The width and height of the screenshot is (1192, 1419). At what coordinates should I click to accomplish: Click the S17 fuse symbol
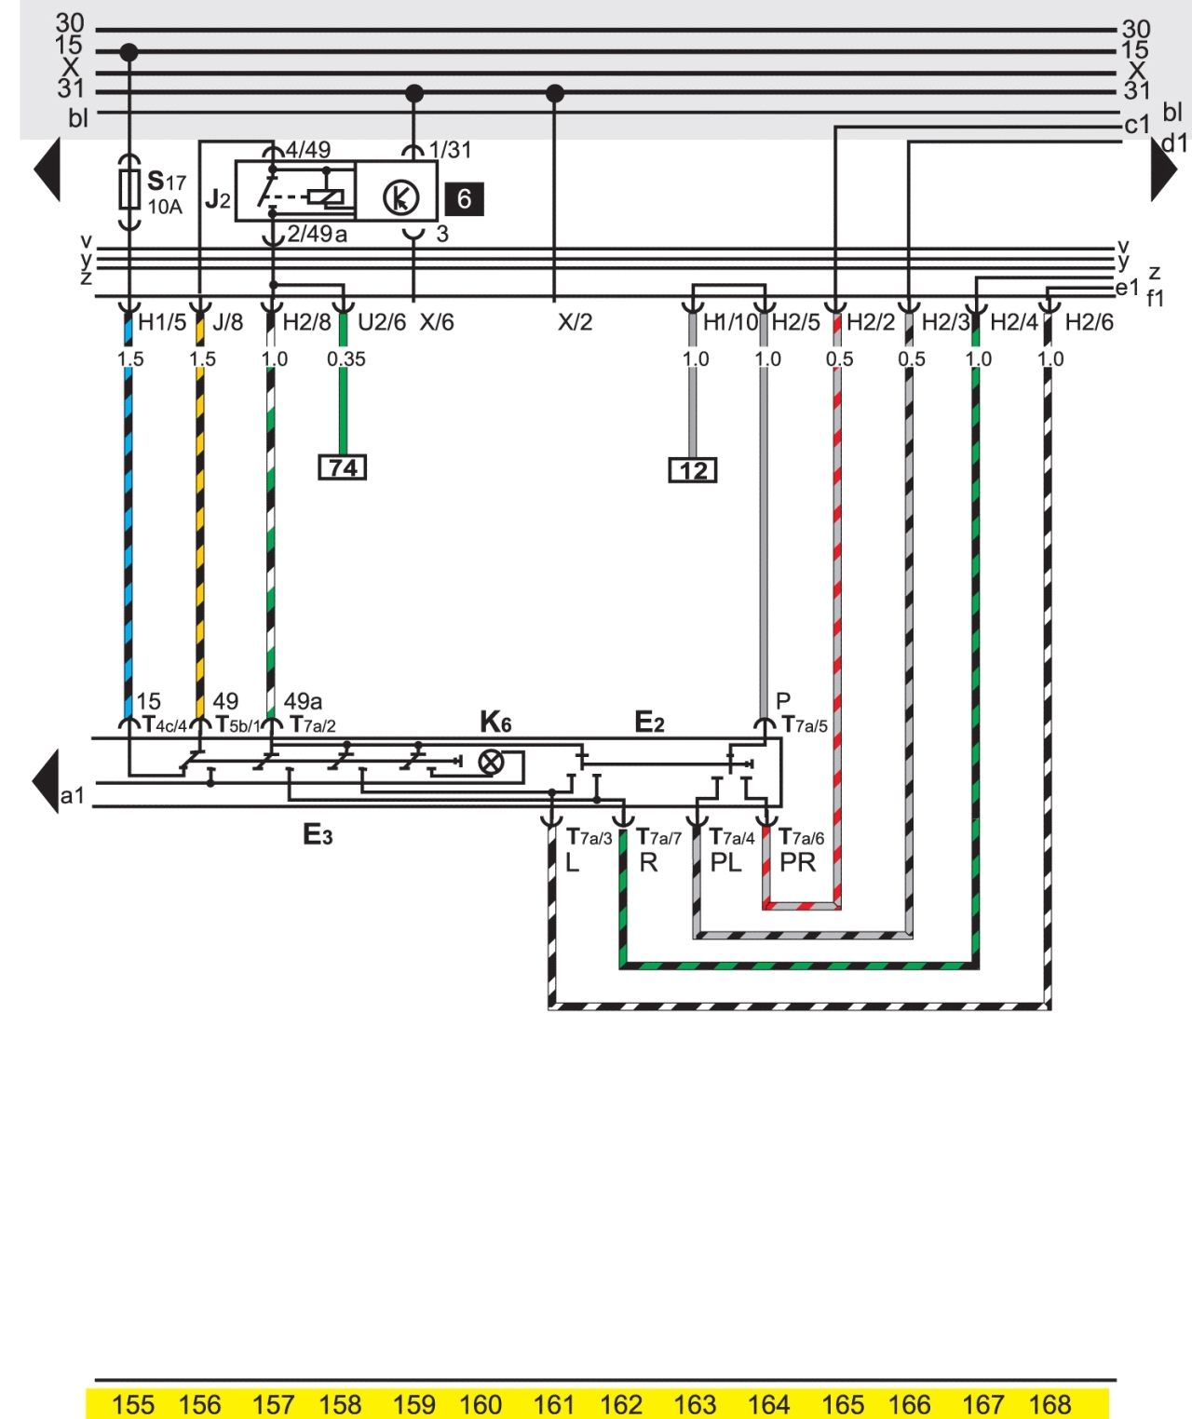pyautogui.click(x=129, y=190)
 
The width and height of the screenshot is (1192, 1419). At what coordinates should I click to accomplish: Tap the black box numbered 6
pyautogui.click(x=464, y=199)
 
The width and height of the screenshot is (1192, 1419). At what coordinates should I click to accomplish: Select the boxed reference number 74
pyautogui.click(x=343, y=467)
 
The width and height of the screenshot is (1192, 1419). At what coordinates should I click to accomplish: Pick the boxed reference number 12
pyautogui.click(x=693, y=470)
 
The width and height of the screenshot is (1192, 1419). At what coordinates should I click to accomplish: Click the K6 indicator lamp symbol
pyautogui.click(x=492, y=762)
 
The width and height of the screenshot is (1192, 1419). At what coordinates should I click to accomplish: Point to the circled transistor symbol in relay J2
pyautogui.click(x=401, y=197)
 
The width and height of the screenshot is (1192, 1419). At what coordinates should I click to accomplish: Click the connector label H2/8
pyautogui.click(x=306, y=322)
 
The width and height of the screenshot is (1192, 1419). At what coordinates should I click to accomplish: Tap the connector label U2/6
pyautogui.click(x=382, y=322)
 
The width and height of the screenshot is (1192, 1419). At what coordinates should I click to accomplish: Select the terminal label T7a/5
pyautogui.click(x=805, y=725)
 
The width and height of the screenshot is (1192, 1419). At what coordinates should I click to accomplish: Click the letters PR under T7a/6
pyautogui.click(x=797, y=862)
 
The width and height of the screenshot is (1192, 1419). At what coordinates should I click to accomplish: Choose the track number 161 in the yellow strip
pyautogui.click(x=554, y=1404)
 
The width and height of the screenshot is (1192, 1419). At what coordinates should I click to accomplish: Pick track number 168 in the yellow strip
pyautogui.click(x=1050, y=1404)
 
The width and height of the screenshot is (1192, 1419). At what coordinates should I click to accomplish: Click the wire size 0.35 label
pyautogui.click(x=345, y=358)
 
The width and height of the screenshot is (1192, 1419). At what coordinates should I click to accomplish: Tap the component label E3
pyautogui.click(x=318, y=834)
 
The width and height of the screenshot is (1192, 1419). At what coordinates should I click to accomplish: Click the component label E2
pyautogui.click(x=649, y=722)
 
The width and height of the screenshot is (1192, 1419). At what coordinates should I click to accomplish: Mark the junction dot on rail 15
pyautogui.click(x=129, y=52)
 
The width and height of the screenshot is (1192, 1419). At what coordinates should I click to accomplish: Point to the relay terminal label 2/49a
pyautogui.click(x=317, y=234)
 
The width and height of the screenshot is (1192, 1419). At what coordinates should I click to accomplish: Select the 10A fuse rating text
pyautogui.click(x=165, y=208)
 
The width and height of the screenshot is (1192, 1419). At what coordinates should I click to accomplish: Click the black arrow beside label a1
pyautogui.click(x=46, y=781)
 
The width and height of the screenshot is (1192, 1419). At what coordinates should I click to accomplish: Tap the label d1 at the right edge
pyautogui.click(x=1175, y=142)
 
